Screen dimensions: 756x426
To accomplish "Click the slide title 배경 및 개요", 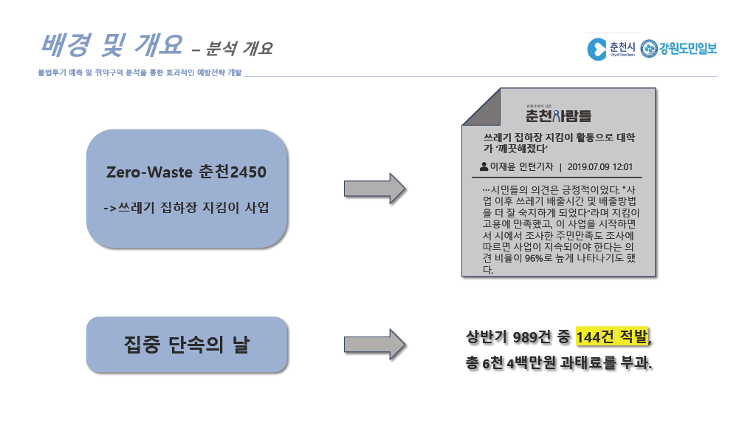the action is click(x=111, y=45).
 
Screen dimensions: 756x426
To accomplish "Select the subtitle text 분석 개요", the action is click(x=239, y=48).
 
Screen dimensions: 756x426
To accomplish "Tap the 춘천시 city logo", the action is click(x=611, y=49).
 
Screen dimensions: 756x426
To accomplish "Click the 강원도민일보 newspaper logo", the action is click(x=679, y=48).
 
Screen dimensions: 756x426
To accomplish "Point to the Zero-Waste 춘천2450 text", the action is click(x=186, y=172).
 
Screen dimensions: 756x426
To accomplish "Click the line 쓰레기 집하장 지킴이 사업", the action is click(x=186, y=208).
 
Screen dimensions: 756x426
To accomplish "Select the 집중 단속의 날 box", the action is click(x=187, y=345).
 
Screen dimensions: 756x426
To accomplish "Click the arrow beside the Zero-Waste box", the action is click(x=374, y=189).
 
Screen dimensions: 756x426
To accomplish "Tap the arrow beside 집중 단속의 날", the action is click(x=374, y=345).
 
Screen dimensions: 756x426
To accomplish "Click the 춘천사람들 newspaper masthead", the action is click(x=558, y=115).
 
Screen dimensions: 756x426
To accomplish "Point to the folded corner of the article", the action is click(x=481, y=107).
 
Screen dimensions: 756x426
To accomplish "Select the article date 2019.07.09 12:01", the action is click(x=599, y=167).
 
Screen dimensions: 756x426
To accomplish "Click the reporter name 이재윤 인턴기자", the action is click(x=522, y=166).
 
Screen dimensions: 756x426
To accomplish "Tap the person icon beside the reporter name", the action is click(x=484, y=166).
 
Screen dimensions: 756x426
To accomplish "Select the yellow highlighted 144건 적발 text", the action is click(x=612, y=337).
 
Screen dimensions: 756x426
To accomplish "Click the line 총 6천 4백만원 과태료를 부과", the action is click(x=559, y=362).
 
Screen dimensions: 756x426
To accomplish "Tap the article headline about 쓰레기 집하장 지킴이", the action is click(x=560, y=143).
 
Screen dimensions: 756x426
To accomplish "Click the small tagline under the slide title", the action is click(x=140, y=72).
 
